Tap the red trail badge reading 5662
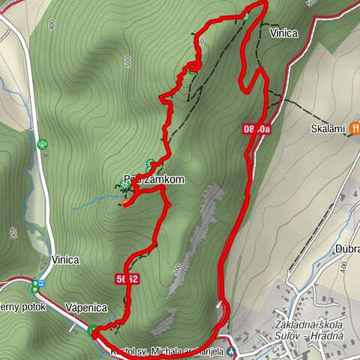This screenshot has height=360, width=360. click(126, 279)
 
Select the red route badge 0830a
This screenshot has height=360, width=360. click(256, 129)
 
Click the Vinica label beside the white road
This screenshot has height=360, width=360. click(65, 260)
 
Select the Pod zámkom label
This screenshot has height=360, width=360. click(154, 181)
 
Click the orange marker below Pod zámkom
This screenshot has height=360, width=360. click(121, 203)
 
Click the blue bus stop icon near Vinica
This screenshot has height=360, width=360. click(41, 283)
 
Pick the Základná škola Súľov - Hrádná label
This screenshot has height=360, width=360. click(309, 330)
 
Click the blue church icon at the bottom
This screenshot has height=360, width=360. click(232, 350)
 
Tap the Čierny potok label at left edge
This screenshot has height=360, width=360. click(22, 307)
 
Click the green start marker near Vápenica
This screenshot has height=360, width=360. click(91, 330)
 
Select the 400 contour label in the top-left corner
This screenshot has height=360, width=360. click(51, 25)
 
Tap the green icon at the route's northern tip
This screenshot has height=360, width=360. click(247, 14)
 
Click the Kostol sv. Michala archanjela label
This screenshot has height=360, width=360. click(166, 351)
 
